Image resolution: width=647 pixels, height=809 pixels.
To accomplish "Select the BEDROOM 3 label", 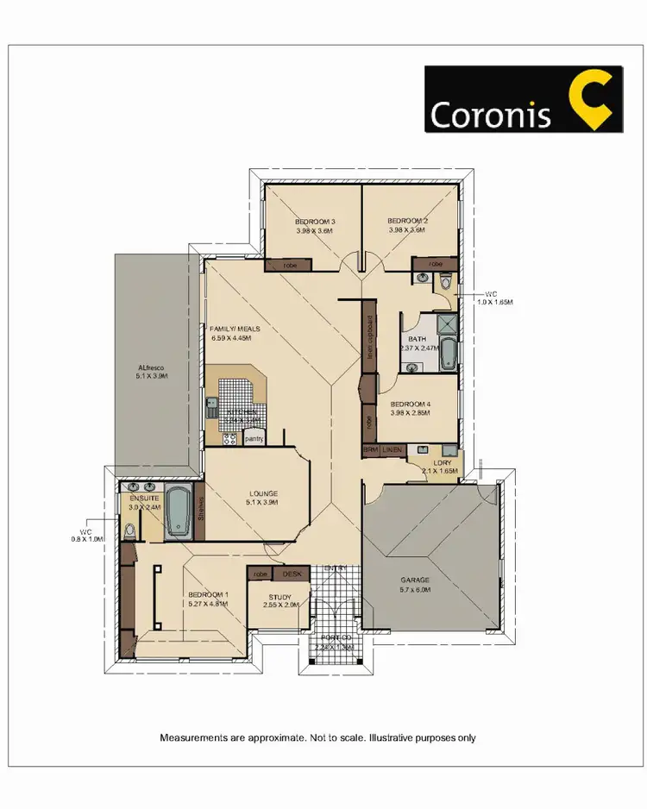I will (315, 222).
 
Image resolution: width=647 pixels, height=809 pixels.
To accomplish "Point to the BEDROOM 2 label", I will (407, 222).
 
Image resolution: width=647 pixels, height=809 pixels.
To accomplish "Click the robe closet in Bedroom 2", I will (436, 262).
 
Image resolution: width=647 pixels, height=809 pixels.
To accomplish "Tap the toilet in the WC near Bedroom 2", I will (445, 280).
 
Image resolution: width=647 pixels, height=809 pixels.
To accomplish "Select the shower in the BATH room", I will (447, 326).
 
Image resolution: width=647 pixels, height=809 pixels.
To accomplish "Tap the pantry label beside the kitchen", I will (254, 438).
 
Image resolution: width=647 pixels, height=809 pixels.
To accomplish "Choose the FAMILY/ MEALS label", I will (236, 329).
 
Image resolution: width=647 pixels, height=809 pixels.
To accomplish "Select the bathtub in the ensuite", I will (179, 511).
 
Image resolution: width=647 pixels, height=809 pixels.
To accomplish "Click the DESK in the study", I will (290, 573).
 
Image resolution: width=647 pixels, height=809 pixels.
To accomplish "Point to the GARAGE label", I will (416, 580).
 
